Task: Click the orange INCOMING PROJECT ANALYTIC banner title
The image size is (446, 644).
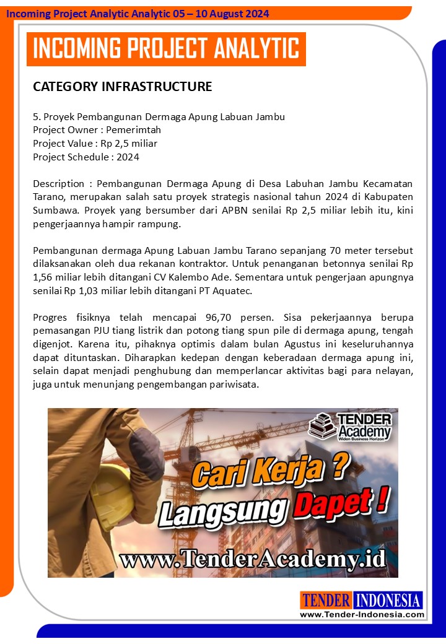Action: pyautogui.click(x=166, y=49)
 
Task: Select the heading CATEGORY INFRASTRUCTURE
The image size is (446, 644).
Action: pyautogui.click(x=122, y=86)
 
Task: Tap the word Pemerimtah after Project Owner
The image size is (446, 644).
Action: pyautogui.click(x=133, y=129)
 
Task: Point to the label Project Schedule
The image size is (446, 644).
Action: pyautogui.click(x=71, y=157)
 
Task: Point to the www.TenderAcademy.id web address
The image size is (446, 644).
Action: pyautogui.click(x=252, y=559)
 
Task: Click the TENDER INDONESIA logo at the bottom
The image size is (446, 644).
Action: pyautogui.click(x=361, y=600)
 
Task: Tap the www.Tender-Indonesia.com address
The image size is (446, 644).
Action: pyautogui.click(x=362, y=614)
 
